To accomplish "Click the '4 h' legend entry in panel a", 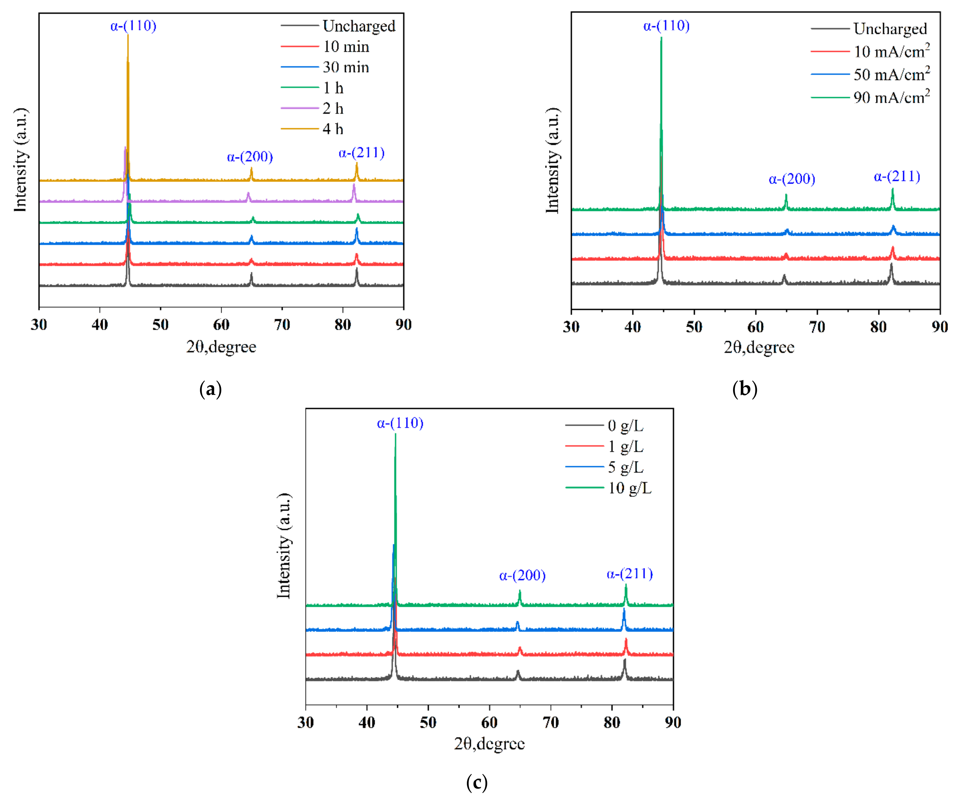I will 333,129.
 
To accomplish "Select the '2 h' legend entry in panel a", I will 333,108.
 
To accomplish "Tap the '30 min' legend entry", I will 346,67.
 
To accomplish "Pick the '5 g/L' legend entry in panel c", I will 625,467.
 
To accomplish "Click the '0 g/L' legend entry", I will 625,426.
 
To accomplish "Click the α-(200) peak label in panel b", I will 792,179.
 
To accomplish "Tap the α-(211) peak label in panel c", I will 630,574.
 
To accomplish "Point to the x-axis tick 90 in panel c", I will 673,723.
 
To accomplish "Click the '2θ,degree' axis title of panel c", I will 489,744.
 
